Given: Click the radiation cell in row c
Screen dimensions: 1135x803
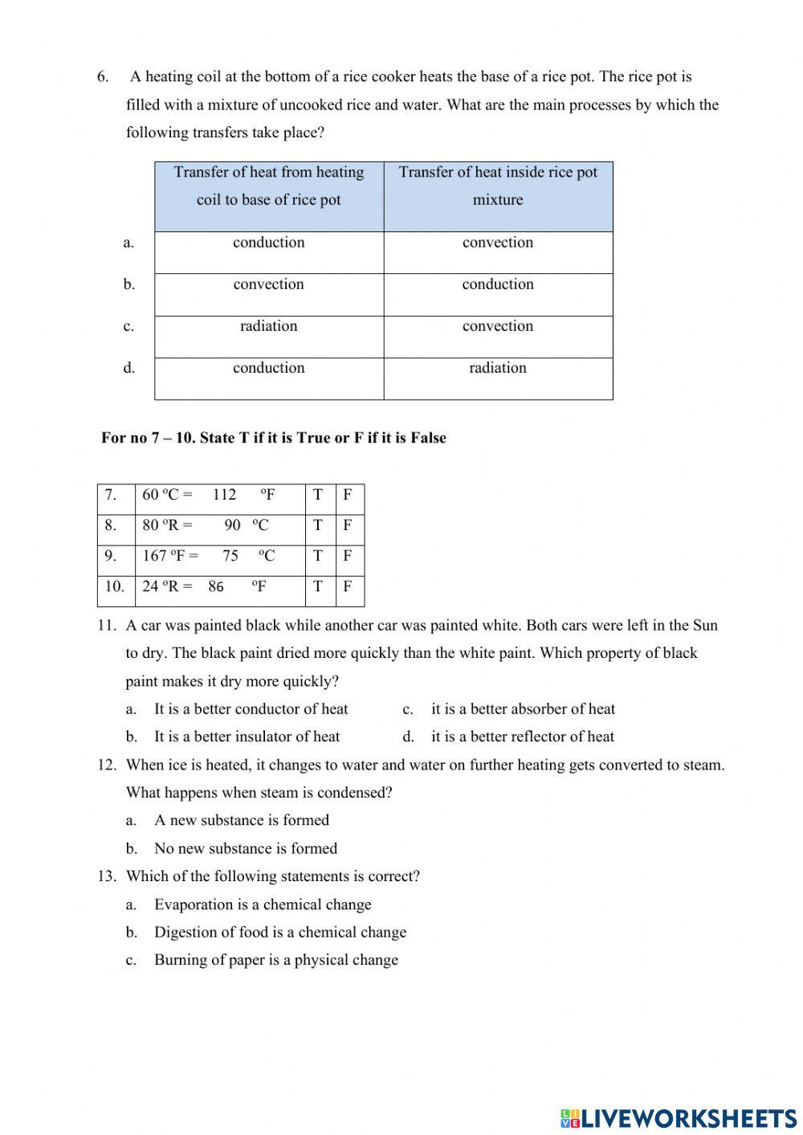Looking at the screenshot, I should [x=268, y=326].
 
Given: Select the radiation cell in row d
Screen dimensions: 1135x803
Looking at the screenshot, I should [x=498, y=368].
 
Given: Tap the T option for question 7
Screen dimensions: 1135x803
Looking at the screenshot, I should [x=318, y=495].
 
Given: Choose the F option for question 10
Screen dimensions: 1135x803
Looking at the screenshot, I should [x=348, y=586].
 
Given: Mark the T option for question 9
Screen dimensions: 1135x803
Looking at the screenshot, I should [x=318, y=556].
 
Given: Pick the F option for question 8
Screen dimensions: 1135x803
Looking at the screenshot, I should [x=348, y=525].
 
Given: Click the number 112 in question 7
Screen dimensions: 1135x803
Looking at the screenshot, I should [x=224, y=495].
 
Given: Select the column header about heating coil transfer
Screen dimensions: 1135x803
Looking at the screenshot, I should [x=269, y=186].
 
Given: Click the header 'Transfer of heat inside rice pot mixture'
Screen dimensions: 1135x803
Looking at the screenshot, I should [x=498, y=186].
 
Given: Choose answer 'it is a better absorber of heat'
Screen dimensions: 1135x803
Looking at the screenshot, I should [x=523, y=709].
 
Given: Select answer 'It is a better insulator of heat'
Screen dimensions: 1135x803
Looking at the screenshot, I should [x=247, y=737].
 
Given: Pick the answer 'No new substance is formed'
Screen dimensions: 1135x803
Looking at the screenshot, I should [x=246, y=848].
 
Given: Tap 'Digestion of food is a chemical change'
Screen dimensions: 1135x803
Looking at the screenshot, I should [x=280, y=933].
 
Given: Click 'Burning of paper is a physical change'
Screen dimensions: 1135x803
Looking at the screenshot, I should [x=276, y=960].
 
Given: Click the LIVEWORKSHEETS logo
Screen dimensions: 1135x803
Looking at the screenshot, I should [x=679, y=1117].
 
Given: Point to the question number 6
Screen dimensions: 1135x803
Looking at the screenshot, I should [x=103, y=77].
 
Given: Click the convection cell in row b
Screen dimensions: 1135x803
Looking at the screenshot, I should [x=268, y=284].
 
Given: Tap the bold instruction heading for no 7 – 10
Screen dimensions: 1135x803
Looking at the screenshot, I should [x=274, y=438].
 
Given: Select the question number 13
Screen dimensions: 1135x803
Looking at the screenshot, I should [x=108, y=876].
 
